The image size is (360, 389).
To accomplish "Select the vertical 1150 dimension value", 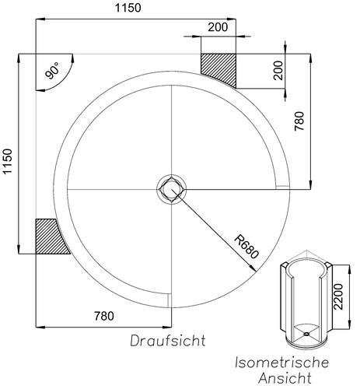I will pos(9,162).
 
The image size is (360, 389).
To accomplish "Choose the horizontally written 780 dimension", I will pos(103,316).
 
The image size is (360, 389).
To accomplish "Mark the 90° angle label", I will pos(53,72).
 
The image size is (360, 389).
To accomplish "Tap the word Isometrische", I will pos(283,363).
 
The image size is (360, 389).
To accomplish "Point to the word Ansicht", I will pos(284,379).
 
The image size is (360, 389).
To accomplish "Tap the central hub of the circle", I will pos(170,188).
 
